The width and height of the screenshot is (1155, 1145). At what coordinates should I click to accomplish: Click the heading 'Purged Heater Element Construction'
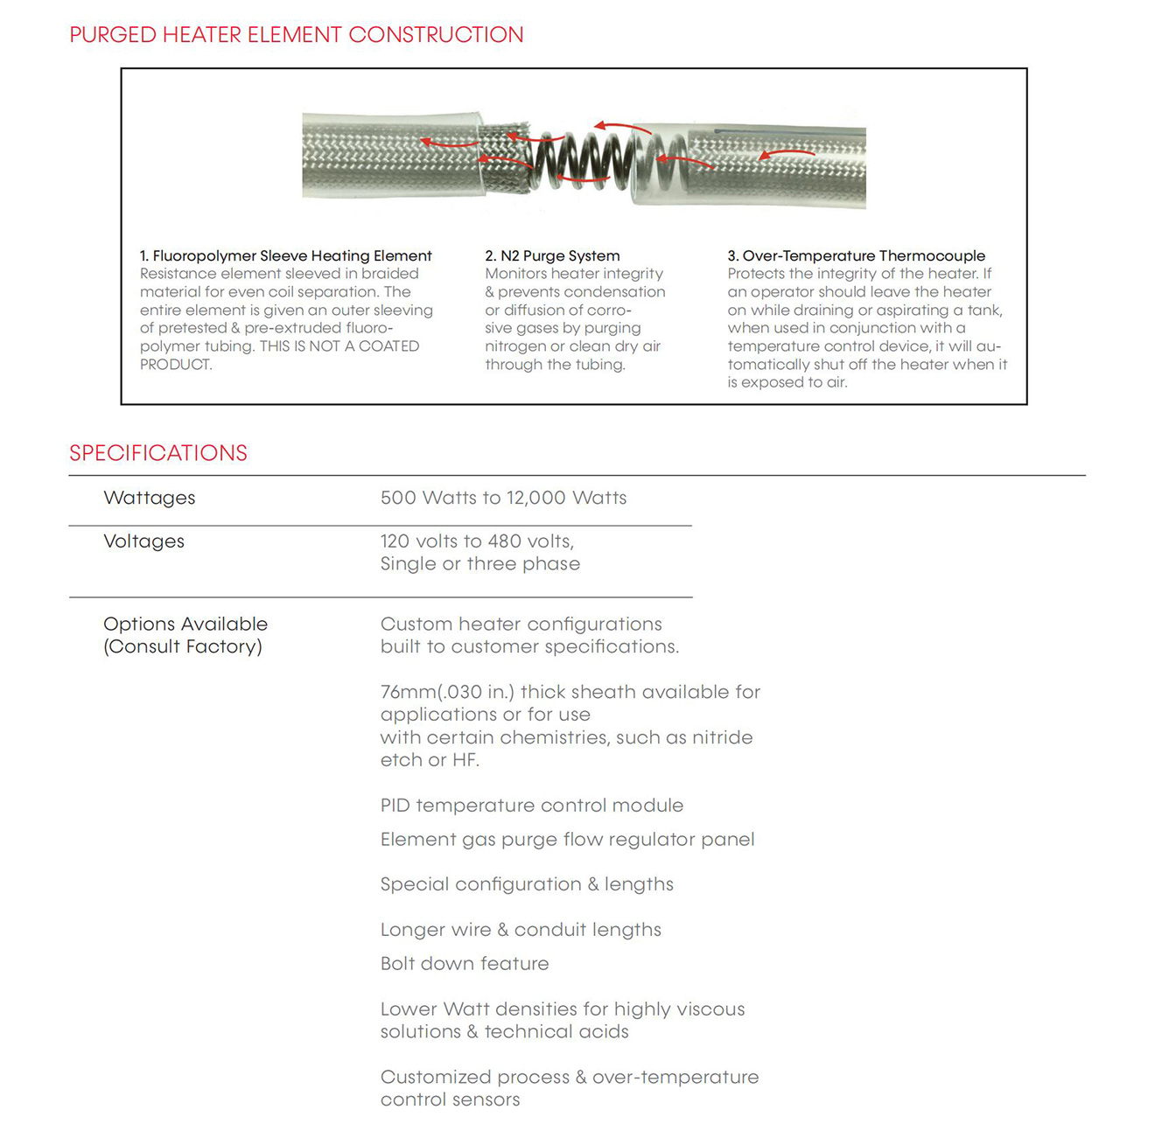[296, 35]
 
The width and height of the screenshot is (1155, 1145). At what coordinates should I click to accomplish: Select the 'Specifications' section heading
[158, 453]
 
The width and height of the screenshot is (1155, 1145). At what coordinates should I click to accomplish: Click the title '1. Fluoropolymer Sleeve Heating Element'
[285, 255]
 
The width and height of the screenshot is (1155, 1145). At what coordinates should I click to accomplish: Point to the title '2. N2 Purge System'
[552, 255]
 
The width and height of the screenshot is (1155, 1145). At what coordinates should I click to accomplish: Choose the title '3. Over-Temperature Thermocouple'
[856, 255]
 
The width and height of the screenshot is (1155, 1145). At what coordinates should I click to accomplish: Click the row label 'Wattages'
[150, 498]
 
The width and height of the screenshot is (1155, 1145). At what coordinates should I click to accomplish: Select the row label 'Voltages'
[143, 541]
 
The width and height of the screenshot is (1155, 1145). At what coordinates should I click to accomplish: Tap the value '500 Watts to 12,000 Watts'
[503, 498]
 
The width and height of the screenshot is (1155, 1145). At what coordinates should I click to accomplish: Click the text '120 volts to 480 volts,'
[477, 541]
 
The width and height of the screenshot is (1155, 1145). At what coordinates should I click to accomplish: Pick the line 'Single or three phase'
[479, 564]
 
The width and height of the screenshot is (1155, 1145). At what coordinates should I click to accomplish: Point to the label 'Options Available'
[185, 625]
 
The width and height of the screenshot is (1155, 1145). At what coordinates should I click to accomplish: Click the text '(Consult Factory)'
[183, 647]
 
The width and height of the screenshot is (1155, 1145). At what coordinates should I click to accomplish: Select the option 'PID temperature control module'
[531, 806]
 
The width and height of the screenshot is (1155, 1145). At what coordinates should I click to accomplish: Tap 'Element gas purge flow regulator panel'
[567, 840]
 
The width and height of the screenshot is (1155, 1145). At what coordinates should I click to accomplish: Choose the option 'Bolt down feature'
[465, 964]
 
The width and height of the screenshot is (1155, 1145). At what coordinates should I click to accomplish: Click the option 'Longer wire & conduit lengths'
[521, 930]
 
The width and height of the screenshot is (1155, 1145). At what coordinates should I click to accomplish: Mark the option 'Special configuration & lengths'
[527, 884]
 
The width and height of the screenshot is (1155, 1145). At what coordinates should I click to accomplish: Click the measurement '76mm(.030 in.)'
[447, 692]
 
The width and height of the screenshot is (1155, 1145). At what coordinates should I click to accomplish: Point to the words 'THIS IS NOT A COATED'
[339, 346]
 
